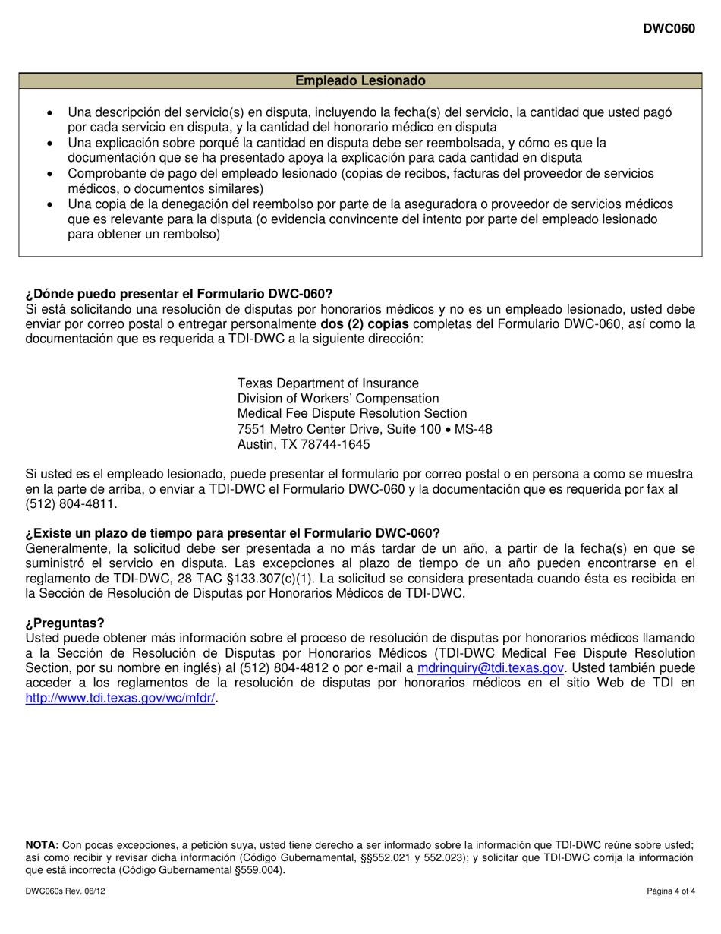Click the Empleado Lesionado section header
(x=360, y=80)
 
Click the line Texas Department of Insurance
(x=328, y=383)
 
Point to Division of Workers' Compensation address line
(x=338, y=398)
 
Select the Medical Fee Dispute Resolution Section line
(x=352, y=413)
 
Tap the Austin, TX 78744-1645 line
(x=304, y=444)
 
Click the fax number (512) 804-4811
(x=72, y=504)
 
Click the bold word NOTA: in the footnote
(x=43, y=844)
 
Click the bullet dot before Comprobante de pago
(x=50, y=174)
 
